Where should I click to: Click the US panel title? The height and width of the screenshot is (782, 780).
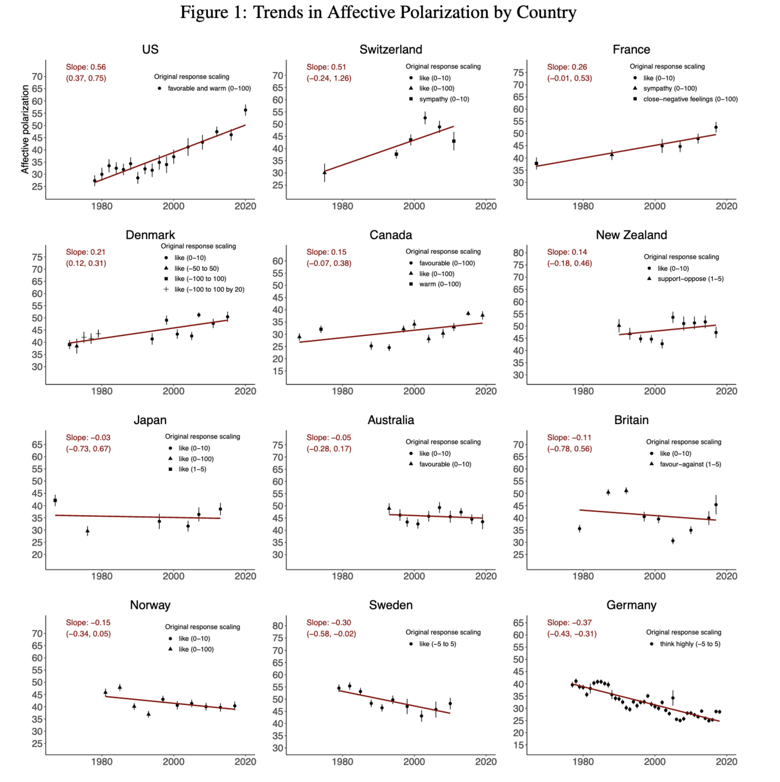click(150, 50)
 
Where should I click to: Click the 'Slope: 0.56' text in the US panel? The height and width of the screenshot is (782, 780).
click(86, 67)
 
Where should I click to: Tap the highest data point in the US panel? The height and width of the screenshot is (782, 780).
click(246, 109)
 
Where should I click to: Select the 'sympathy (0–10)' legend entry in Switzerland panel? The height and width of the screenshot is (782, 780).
click(444, 99)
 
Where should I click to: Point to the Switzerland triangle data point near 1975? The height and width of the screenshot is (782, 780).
click(324, 172)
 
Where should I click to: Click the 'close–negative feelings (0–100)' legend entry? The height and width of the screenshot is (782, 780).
click(690, 99)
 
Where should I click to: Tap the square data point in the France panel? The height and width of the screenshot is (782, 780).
click(536, 163)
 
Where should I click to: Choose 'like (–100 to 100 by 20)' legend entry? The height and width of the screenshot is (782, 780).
click(209, 289)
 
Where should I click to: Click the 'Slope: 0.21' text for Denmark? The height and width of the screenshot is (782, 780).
click(86, 252)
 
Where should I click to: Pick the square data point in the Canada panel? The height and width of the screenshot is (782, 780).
click(321, 329)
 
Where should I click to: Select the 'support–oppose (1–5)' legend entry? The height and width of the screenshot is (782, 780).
click(690, 279)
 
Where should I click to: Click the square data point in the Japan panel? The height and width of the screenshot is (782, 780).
click(55, 500)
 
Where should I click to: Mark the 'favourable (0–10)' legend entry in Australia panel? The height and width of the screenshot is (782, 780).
click(445, 464)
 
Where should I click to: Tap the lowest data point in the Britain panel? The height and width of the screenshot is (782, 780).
click(673, 540)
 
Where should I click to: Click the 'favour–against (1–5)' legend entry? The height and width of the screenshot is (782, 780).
click(690, 464)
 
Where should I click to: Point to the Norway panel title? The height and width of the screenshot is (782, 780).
click(150, 605)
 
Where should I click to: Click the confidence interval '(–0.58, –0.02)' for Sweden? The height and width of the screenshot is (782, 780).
click(331, 634)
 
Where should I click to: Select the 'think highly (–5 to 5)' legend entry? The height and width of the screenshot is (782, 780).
click(690, 644)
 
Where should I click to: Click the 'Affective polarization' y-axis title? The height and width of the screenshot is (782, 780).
click(25, 129)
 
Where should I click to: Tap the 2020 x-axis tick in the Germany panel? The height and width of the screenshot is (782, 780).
click(726, 762)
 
